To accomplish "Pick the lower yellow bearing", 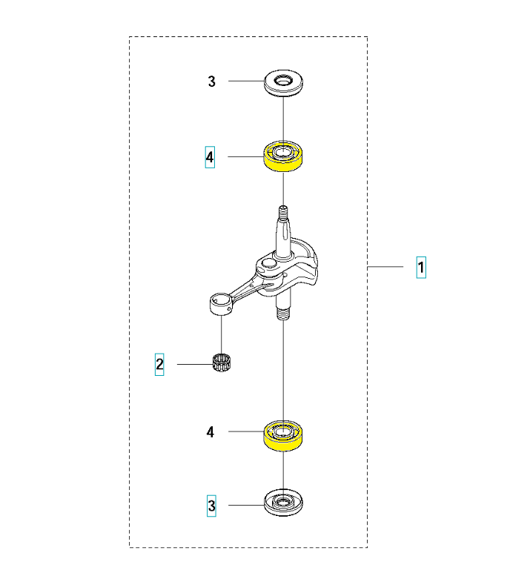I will (x=284, y=437).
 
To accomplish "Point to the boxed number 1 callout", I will (x=420, y=267).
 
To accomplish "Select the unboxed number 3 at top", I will (x=212, y=82).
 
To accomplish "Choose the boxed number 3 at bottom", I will (x=212, y=506).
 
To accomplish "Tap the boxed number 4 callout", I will (x=210, y=157).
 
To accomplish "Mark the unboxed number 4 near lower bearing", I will (x=211, y=431).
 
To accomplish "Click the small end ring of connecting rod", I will (x=220, y=302).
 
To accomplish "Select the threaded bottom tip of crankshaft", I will (x=283, y=314).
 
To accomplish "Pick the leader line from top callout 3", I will (x=247, y=81).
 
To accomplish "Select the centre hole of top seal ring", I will (x=284, y=79).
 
